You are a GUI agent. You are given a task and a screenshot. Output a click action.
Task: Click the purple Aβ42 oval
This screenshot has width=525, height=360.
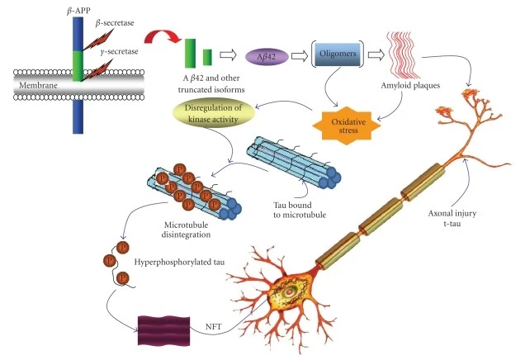click(x=267, y=56)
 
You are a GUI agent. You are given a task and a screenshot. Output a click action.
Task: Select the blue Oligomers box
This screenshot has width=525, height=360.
click(x=338, y=54)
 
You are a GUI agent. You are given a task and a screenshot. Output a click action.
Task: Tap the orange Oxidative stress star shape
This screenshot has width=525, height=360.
click(x=347, y=126)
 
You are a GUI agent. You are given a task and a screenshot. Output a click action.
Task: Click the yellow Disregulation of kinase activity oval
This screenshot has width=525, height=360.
click(x=213, y=113)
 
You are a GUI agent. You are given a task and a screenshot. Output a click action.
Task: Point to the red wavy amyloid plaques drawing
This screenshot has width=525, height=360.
click(x=403, y=55)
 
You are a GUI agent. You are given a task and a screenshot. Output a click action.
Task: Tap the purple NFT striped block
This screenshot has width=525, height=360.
click(x=164, y=330)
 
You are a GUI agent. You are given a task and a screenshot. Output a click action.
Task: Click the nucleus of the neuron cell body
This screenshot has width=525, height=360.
click(x=288, y=292)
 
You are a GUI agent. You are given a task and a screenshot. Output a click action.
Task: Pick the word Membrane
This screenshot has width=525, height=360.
click(x=38, y=85)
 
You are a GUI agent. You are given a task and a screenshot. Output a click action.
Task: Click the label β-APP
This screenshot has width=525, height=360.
click(x=78, y=11)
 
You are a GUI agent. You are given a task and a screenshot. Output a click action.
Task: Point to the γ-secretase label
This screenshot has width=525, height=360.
click(x=119, y=51)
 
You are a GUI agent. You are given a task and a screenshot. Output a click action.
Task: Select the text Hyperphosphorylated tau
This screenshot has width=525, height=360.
click(x=179, y=262)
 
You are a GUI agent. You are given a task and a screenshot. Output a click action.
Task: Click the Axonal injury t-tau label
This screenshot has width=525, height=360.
click(x=452, y=218)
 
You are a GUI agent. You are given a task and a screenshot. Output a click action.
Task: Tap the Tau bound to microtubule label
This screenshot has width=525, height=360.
click(x=300, y=210)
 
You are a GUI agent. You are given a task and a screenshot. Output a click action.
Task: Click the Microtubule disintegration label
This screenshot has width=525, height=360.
click(x=187, y=230)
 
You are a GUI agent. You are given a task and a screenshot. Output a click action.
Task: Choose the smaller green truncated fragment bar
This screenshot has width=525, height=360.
click(x=207, y=57)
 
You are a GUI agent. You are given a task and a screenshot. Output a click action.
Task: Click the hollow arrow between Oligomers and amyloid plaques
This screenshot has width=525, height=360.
click(x=376, y=55)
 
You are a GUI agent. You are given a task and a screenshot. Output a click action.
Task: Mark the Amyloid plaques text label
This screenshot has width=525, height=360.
click(x=410, y=85)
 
